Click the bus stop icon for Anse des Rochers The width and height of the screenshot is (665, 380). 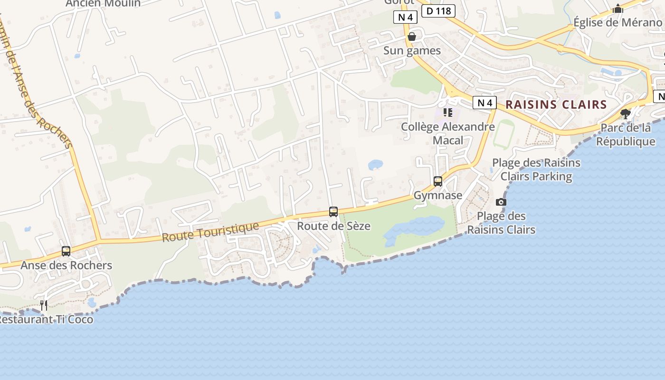66,251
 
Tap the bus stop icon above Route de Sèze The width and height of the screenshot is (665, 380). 333,212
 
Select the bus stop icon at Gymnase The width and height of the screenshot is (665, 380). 438,181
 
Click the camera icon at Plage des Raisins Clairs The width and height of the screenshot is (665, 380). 501,202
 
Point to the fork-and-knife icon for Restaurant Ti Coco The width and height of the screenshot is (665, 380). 44,305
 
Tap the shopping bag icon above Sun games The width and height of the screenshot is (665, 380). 412,37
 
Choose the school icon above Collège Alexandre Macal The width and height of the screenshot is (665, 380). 447,113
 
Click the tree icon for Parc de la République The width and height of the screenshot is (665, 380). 626,114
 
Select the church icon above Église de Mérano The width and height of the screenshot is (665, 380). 617,9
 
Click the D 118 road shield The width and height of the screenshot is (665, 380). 438,10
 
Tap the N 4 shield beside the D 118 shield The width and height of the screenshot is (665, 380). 405,18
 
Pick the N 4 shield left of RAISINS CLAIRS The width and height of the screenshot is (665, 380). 484,102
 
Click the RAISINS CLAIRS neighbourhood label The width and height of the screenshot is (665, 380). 556,104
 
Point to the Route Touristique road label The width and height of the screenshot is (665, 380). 210,232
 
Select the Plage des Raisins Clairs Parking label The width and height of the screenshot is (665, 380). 536,170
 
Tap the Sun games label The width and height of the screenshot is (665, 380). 412,50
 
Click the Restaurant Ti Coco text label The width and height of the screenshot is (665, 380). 46,319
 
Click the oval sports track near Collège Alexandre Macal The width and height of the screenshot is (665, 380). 503,133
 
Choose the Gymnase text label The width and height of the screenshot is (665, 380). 438,195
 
